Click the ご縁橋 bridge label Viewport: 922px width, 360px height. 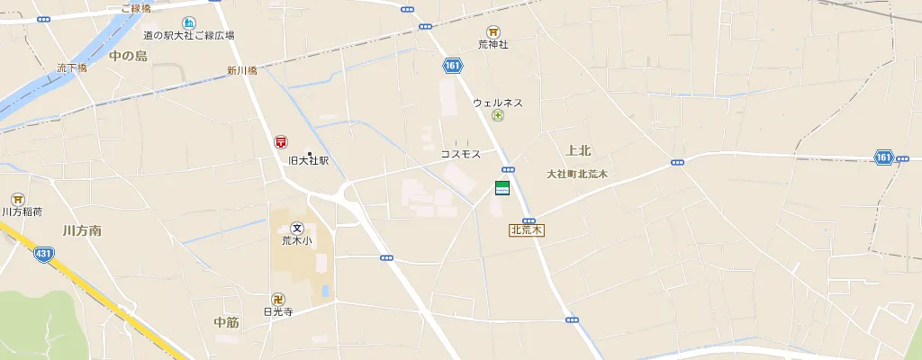[x=135, y=8]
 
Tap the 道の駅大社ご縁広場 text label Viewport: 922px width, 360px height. [x=189, y=36]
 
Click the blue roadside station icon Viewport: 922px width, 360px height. [x=188, y=22]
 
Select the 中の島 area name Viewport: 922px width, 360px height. [x=128, y=56]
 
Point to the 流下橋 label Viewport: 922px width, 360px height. [x=72, y=67]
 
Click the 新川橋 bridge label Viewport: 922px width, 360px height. [x=242, y=71]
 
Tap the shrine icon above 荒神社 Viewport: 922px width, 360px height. [x=493, y=31]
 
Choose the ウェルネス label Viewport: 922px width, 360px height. [x=498, y=103]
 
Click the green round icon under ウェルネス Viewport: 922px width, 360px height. [x=498, y=116]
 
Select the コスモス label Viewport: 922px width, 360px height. [x=460, y=155]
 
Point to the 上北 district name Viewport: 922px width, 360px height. [x=579, y=150]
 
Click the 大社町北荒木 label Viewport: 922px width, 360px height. [x=577, y=174]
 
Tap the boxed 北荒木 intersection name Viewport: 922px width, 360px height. [x=527, y=230]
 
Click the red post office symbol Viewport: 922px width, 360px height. [x=282, y=142]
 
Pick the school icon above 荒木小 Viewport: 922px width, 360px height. [x=296, y=228]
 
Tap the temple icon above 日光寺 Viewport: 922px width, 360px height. [x=279, y=299]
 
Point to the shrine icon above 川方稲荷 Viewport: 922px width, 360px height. [x=17, y=199]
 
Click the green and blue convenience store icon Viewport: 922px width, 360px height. [x=502, y=188]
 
